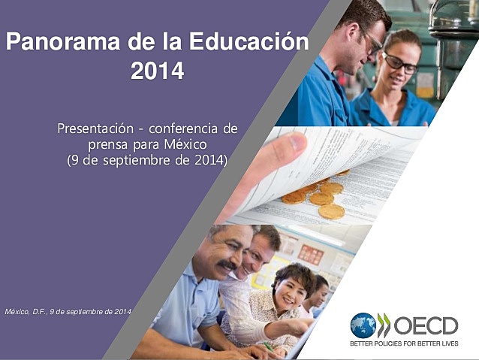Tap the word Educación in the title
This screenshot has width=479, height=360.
[x=247, y=42]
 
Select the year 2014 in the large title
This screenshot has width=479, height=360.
[x=157, y=71]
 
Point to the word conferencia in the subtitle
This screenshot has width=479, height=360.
[x=200, y=129]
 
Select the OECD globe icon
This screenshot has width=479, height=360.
[x=363, y=325]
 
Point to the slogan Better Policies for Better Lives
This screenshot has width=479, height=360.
[x=404, y=344]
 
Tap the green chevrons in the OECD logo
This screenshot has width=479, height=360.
[x=384, y=325]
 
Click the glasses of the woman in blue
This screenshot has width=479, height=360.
[x=400, y=65]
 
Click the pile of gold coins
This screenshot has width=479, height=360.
[x=319, y=197]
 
